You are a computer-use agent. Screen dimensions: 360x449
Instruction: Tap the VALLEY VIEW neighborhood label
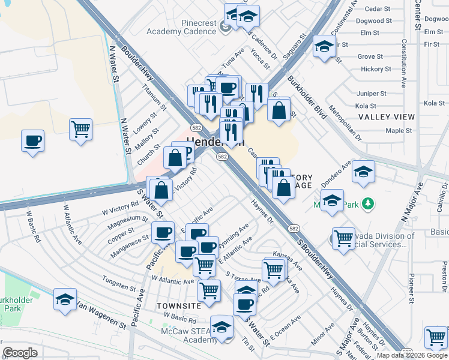(x=387, y=117)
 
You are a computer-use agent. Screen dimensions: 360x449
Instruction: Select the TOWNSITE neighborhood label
(x=178, y=305)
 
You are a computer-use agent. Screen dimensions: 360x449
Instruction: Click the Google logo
(x=20, y=353)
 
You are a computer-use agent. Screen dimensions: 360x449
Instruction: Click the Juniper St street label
(x=371, y=94)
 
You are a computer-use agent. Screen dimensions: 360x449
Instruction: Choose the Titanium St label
(x=149, y=93)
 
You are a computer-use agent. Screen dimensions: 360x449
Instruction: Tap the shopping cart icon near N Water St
(x=80, y=128)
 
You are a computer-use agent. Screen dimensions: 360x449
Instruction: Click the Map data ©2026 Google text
(x=412, y=355)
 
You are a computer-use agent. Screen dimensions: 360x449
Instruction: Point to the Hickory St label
(x=376, y=70)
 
